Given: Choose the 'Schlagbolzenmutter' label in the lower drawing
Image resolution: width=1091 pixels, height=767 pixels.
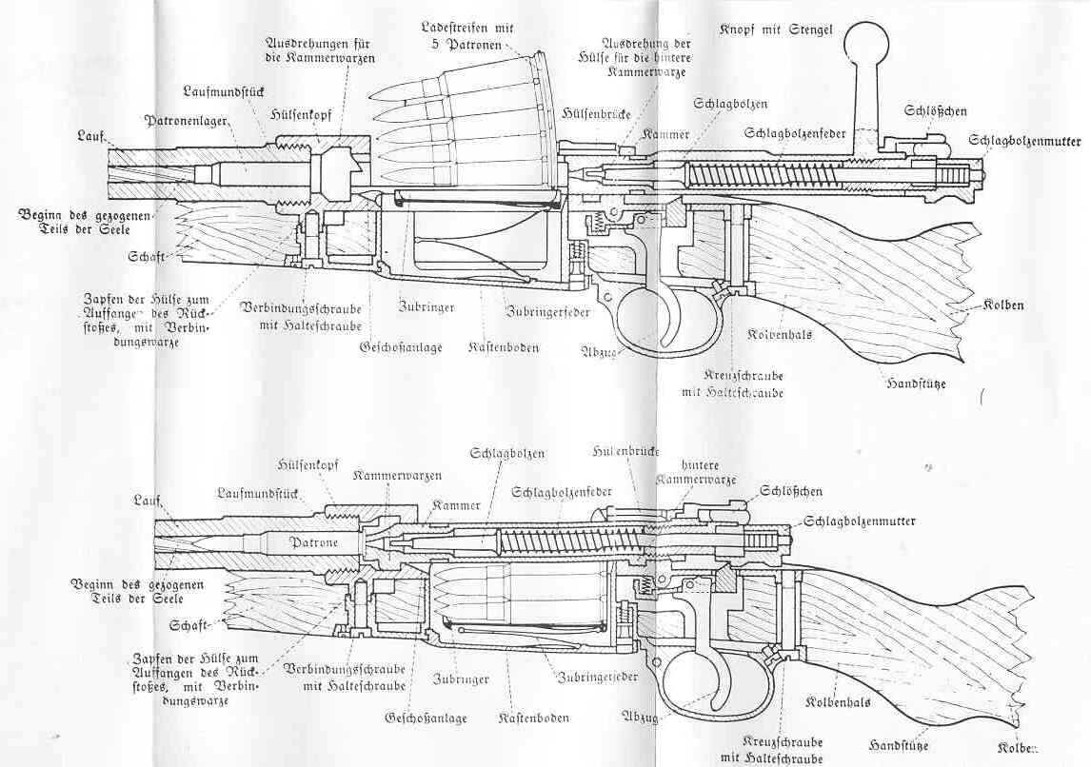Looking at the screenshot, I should pyautogui.click(x=860, y=521).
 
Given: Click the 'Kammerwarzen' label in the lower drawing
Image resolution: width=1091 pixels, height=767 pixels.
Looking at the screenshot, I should pyautogui.click(x=385, y=475).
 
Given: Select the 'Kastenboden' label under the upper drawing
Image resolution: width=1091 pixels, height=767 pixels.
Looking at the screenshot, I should pyautogui.click(x=504, y=348).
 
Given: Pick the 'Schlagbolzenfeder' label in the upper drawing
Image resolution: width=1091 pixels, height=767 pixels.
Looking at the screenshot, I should pyautogui.click(x=796, y=132).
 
